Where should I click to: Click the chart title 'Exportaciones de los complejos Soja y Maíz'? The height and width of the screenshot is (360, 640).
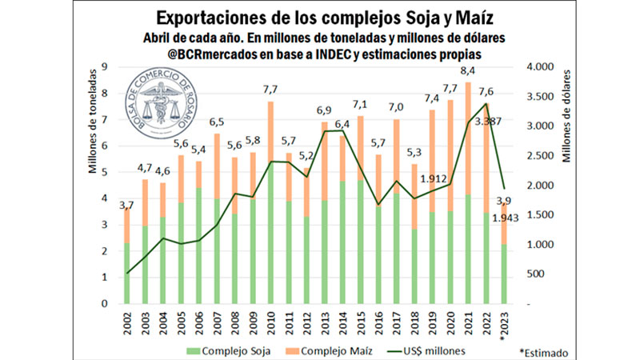coord(323,18)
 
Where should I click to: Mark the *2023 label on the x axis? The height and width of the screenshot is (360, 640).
coord(503,322)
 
